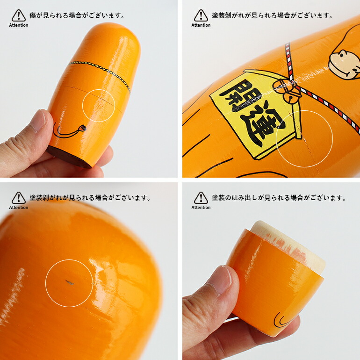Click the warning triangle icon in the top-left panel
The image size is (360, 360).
[19, 15]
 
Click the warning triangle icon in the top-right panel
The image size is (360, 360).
[201, 15]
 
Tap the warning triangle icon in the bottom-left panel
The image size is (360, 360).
[19, 198]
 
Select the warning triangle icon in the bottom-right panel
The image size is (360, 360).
[201, 198]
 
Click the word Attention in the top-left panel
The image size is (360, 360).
[19, 25]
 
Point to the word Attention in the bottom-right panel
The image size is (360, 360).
[201, 207]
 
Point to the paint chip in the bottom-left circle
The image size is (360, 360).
[69, 282]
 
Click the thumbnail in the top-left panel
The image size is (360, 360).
[39, 121]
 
